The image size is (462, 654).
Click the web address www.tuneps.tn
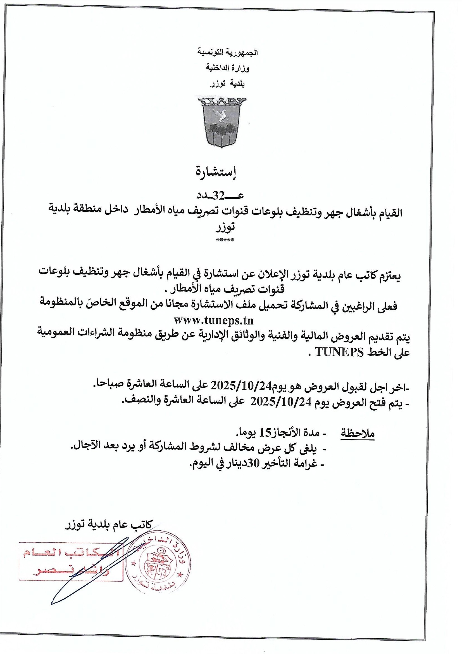(214, 321)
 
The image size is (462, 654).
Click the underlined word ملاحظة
(358, 434)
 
